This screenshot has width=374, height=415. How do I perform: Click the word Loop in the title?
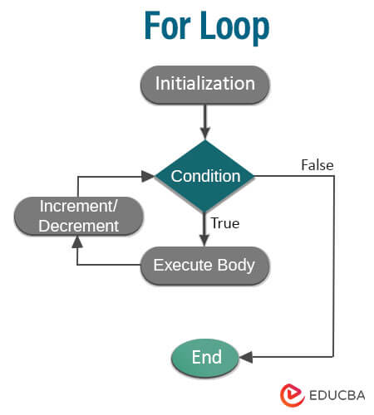tap(234, 27)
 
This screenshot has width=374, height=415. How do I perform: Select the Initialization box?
tap(204, 85)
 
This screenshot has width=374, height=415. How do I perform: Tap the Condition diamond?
tap(205, 176)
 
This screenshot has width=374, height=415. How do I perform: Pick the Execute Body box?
tap(204, 266)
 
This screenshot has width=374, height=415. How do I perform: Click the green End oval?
tap(206, 357)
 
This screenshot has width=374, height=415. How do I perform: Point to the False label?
tap(317, 165)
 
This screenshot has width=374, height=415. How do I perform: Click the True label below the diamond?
tap(227, 223)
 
